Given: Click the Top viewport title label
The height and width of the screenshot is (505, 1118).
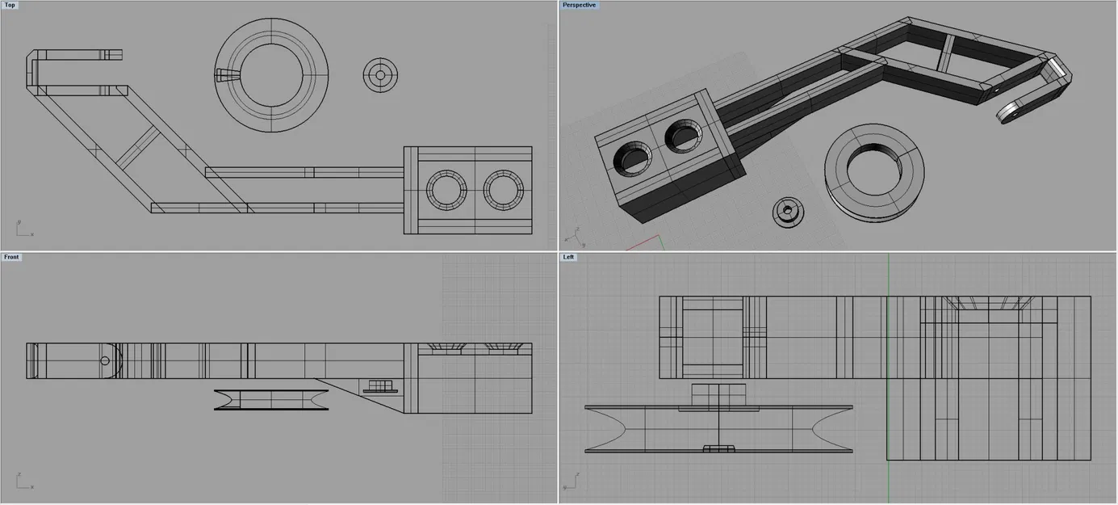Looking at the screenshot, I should point(10,5).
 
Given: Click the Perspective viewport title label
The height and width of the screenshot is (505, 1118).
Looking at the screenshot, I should point(580,5).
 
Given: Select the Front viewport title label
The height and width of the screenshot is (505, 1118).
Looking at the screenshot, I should point(11,257).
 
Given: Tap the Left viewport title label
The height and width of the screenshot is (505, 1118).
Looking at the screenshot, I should point(570,257).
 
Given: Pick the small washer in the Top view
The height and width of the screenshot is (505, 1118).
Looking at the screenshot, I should point(380,75).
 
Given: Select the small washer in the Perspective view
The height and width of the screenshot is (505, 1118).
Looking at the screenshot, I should point(788,212).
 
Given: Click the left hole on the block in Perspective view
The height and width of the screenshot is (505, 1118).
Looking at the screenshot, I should point(634,157).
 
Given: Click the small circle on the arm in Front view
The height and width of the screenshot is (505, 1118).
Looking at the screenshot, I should point(105,360).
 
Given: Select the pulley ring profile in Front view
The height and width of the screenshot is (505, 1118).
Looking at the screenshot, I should point(271,400).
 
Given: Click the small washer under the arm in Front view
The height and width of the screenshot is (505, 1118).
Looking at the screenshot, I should point(380,387).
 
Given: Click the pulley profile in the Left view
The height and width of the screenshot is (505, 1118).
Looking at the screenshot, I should point(718,428).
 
